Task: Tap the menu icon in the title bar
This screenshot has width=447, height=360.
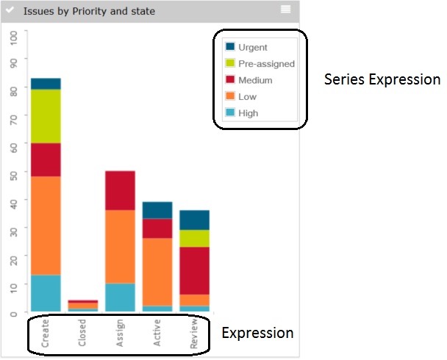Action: pos(285,9)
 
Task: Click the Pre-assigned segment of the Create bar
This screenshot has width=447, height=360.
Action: pos(46,116)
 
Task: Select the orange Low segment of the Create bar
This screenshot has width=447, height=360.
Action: pos(46,225)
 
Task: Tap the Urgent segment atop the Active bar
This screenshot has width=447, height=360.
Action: pos(157,209)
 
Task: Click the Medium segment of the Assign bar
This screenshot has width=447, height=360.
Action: pos(120,190)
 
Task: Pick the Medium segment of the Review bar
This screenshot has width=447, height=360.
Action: pos(195,270)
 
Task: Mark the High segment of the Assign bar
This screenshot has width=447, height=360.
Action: pos(120,297)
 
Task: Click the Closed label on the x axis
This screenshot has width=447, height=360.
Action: pos(83,333)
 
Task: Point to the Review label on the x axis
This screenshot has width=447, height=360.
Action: pos(195,333)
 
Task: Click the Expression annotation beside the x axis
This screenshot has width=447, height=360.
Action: pos(257,334)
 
